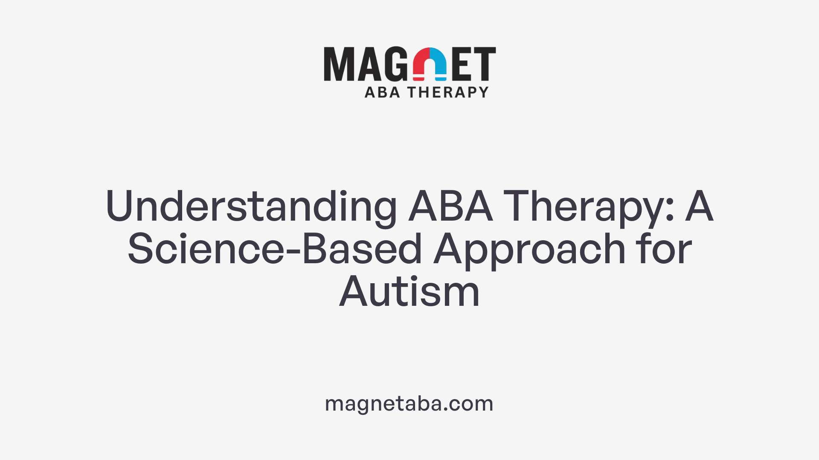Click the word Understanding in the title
click(x=251, y=207)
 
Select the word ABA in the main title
click(x=450, y=206)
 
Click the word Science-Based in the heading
click(x=275, y=249)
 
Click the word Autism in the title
click(x=409, y=292)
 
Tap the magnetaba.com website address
click(x=409, y=404)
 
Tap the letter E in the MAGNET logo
click(x=461, y=64)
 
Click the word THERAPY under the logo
click(x=448, y=92)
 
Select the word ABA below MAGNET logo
click(x=382, y=92)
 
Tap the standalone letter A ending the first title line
click(x=699, y=206)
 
